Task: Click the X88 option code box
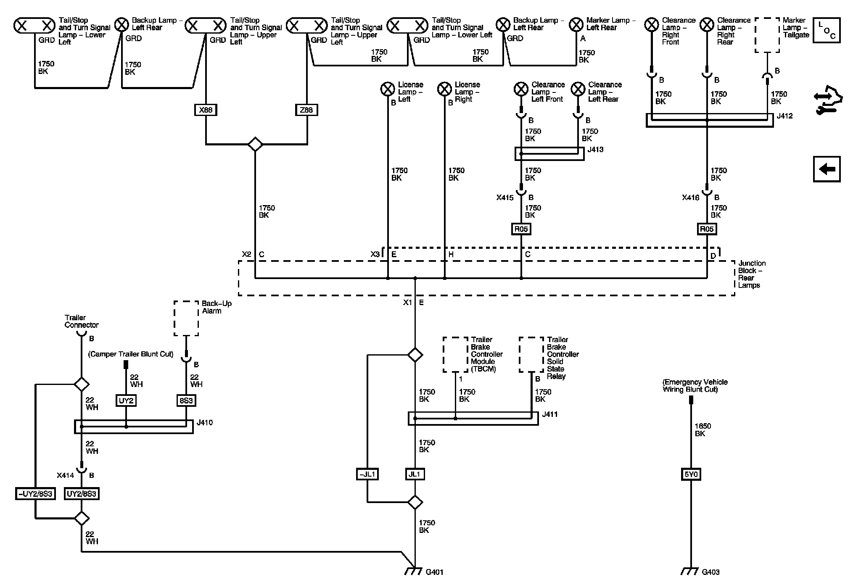206,110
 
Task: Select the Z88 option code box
306,110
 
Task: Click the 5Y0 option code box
691,474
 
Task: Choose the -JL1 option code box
367,474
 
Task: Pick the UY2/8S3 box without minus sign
82,493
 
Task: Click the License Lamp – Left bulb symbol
387,89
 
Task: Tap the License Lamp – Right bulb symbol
444,89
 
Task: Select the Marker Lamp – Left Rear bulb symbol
576,25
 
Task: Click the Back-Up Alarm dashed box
186,318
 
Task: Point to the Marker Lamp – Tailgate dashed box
767,35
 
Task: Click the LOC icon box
827,30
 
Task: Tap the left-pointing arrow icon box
827,169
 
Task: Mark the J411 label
550,414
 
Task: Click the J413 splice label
595,150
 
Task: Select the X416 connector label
690,198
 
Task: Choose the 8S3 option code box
186,401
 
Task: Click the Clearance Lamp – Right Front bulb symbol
652,25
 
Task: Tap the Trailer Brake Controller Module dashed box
456,354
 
